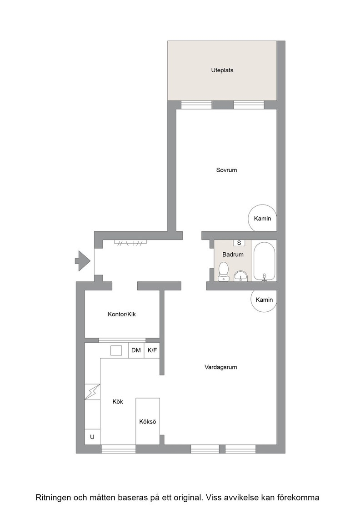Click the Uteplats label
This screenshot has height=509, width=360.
tap(222, 70)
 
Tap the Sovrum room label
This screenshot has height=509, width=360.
tap(226, 170)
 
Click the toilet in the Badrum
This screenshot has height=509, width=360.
tap(223, 271)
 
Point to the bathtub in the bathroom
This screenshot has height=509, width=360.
tap(264, 261)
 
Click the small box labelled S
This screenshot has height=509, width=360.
tap(239, 243)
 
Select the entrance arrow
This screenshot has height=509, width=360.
tap(82, 261)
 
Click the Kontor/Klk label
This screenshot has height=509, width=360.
tap(122, 314)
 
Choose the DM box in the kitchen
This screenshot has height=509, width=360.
tap(136, 350)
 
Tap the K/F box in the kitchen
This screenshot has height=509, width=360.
tap(152, 350)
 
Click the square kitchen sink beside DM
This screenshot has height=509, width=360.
tap(116, 350)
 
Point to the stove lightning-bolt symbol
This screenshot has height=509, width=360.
tap(93, 392)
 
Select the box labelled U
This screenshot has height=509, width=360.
tap(92, 437)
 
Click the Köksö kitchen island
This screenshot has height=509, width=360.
tap(148, 421)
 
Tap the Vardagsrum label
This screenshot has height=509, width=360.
tap(221, 367)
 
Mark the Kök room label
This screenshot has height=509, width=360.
tap(118, 402)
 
